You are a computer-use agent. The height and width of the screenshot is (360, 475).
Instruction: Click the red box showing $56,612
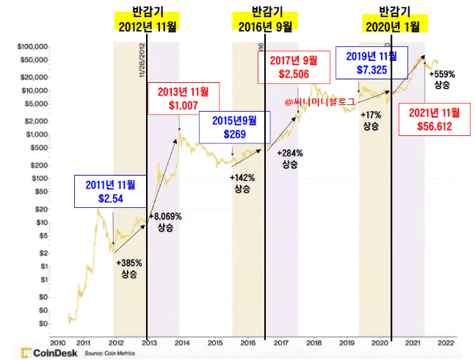(x=432, y=118)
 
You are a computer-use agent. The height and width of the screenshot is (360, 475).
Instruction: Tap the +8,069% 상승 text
(x=165, y=222)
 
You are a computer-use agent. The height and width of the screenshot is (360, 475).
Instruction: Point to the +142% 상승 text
(x=242, y=183)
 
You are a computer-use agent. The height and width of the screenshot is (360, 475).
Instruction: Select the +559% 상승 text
(x=442, y=79)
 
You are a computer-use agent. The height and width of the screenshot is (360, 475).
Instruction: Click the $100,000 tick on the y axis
(x=32, y=46)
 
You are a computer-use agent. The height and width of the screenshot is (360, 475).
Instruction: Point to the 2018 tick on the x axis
(x=313, y=342)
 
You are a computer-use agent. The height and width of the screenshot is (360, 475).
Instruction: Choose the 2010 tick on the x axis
(x=57, y=342)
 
